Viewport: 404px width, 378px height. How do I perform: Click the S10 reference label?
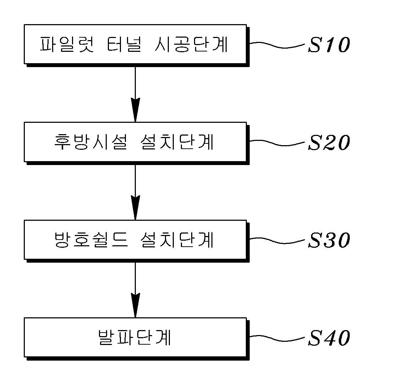click(328, 45)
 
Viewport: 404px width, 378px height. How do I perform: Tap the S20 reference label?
click(328, 143)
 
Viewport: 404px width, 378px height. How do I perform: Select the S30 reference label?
click(328, 240)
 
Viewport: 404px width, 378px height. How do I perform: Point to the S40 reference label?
click(328, 338)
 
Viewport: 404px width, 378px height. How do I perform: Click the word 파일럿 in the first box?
click(66, 45)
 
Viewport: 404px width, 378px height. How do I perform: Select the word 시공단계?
click(192, 45)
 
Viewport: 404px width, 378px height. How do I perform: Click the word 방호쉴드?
click(90, 240)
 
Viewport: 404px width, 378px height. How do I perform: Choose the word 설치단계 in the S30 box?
click(175, 240)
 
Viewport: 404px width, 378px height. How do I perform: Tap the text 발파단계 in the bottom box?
click(134, 338)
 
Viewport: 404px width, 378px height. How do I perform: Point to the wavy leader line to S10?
click(277, 45)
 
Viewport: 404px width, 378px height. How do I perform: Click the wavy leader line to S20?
click(277, 143)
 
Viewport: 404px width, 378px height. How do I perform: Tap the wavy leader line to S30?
click(277, 240)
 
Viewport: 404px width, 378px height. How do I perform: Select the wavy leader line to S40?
click(277, 338)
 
